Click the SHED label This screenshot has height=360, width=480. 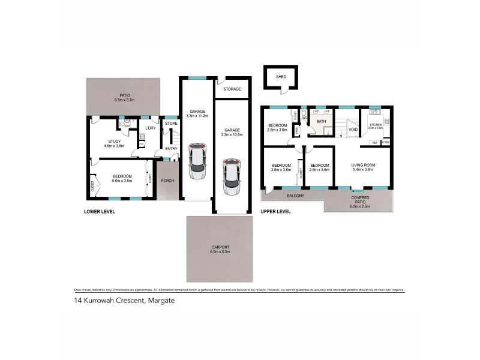click(281, 77)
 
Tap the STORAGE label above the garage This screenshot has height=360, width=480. click(232, 89)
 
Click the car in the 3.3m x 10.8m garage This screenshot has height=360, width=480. click(230, 177)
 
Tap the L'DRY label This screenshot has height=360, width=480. click(151, 127)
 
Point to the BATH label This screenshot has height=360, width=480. click(321, 122)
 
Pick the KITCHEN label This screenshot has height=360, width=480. click(376, 125)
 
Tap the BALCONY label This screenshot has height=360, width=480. click(294, 196)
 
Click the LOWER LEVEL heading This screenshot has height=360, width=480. click(99, 212)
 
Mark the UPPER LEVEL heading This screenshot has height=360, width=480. click(275, 212)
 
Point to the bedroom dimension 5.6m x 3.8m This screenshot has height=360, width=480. click(122, 181)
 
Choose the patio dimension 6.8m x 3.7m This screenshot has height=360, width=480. click(125, 100)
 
